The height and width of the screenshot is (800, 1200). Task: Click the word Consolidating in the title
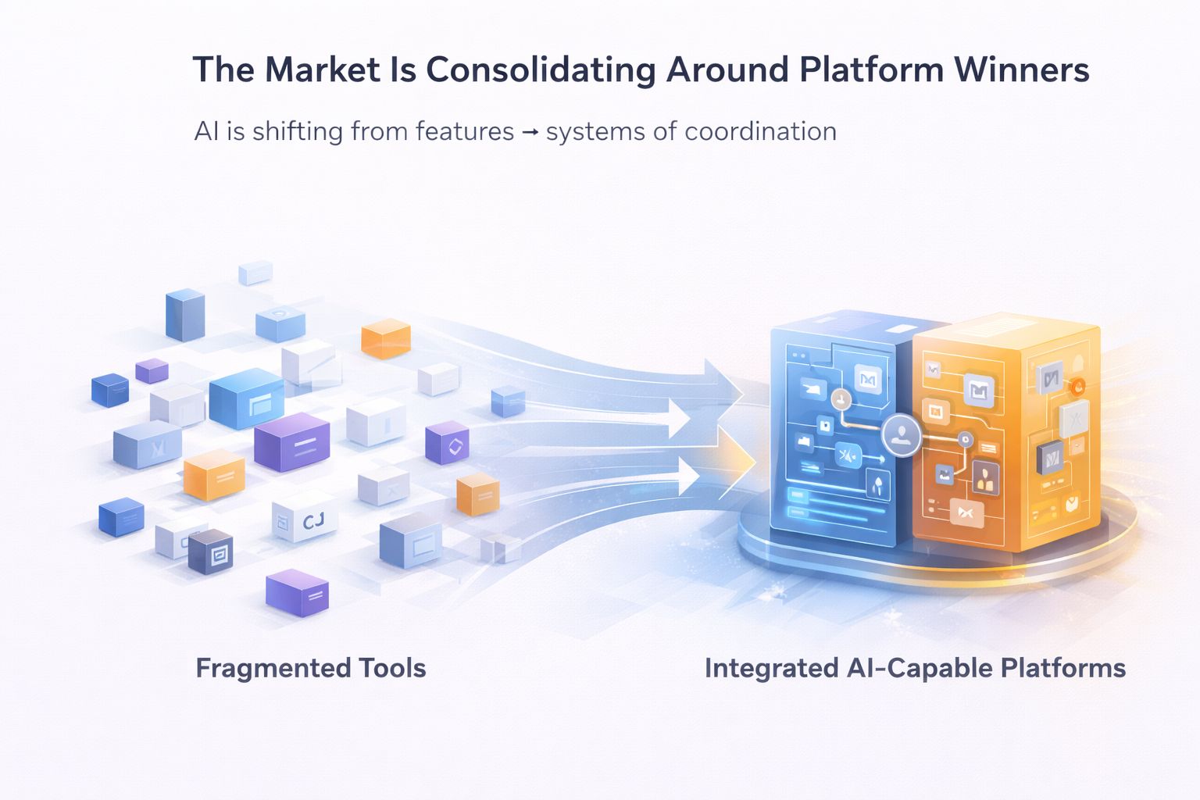point(541,70)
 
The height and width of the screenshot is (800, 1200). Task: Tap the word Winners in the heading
point(1021,70)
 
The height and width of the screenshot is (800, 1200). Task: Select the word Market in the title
point(322,70)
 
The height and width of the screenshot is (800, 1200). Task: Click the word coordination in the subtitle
point(760,131)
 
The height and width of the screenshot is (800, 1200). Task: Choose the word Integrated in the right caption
point(771,669)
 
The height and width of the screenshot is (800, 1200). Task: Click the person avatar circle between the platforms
point(903,434)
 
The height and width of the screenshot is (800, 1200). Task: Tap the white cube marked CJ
point(305,520)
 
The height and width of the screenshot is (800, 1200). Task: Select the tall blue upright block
point(185,315)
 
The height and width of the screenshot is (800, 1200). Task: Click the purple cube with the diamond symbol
point(448,443)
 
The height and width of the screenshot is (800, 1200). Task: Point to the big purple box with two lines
point(292,443)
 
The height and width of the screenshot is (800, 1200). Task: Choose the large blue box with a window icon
point(247,398)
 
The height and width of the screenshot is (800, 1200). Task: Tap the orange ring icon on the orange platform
point(1077,385)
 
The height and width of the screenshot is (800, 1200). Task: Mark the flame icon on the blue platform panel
point(878,485)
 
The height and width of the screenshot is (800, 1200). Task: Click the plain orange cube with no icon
point(386,339)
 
